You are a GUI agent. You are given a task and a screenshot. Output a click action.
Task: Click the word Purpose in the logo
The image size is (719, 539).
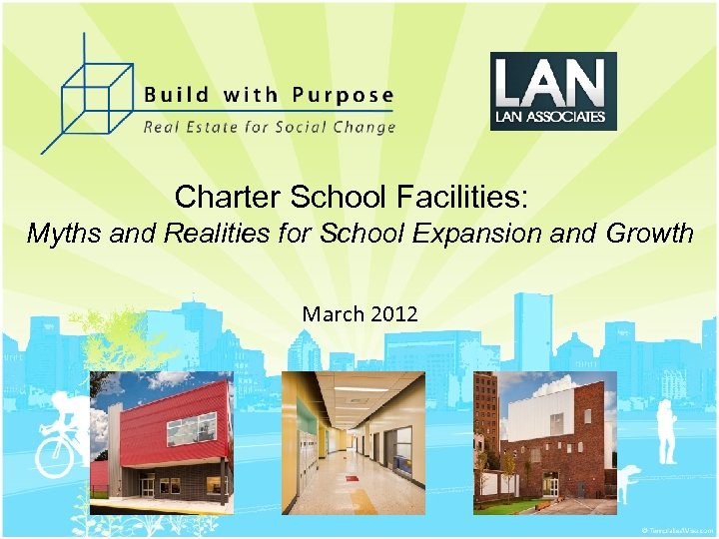click(343, 96)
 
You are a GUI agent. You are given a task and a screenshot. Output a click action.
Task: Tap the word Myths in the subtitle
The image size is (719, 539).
click(58, 235)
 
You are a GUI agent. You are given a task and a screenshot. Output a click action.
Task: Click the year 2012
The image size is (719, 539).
click(393, 314)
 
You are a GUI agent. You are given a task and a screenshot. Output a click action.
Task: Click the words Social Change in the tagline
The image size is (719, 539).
click(344, 127)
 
